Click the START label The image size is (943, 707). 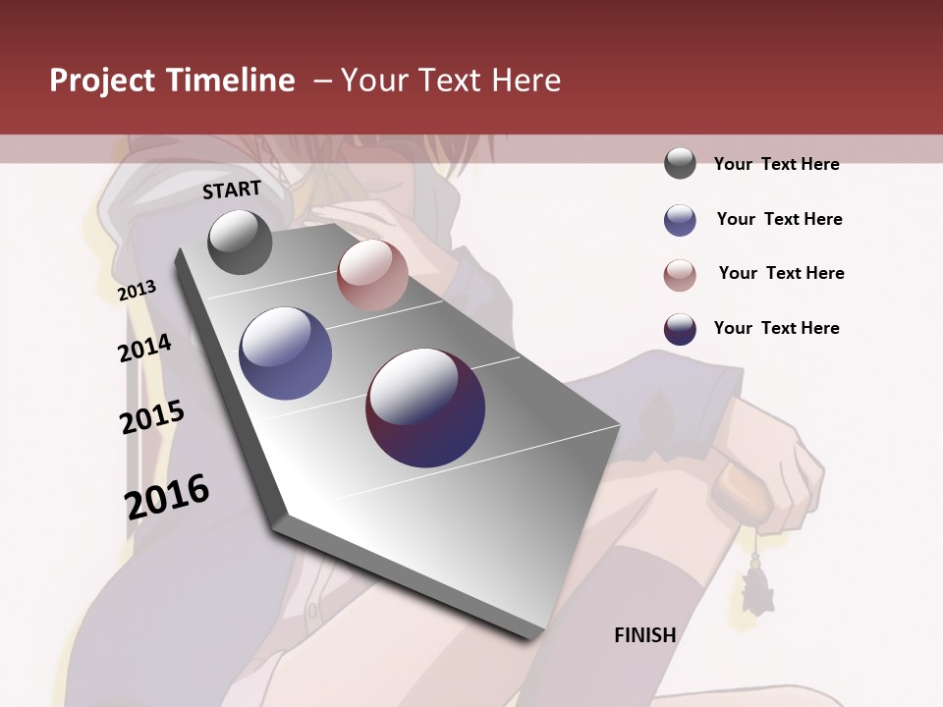pyautogui.click(x=232, y=190)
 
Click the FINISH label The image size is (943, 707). pyautogui.click(x=644, y=635)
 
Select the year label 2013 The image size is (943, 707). pyautogui.click(x=137, y=291)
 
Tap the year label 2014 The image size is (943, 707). pyautogui.click(x=144, y=349)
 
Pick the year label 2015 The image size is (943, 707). pyautogui.click(x=152, y=417)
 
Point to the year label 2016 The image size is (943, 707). pyautogui.click(x=167, y=496)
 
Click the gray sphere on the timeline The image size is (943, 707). pyautogui.click(x=240, y=242)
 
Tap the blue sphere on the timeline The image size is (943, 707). pyautogui.click(x=285, y=353)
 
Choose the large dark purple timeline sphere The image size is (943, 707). pyautogui.click(x=425, y=408)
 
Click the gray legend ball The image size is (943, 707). pyautogui.click(x=680, y=164)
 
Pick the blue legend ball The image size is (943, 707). pyautogui.click(x=680, y=220)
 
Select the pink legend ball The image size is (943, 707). pyautogui.click(x=680, y=275)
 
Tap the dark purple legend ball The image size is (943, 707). pyautogui.click(x=680, y=329)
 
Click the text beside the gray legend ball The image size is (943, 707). pyautogui.click(x=776, y=164)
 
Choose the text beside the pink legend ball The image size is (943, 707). pyautogui.click(x=781, y=273)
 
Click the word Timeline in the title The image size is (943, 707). pyautogui.click(x=230, y=81)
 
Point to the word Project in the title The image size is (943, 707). pyautogui.click(x=102, y=81)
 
